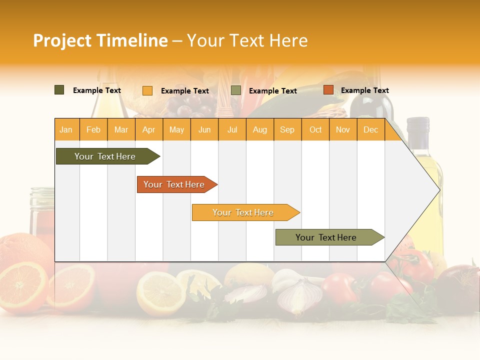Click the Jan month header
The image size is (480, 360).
66,129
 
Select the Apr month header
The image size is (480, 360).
149,129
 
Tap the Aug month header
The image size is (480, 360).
260,129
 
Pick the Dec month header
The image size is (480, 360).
370,129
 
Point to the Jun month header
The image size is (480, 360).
204,129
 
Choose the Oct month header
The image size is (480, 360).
315,129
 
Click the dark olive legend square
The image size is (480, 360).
59,90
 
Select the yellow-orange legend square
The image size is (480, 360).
147,90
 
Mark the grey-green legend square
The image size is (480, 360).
236,90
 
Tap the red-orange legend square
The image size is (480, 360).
328,90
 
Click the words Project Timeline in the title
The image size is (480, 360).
100,40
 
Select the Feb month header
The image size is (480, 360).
93,129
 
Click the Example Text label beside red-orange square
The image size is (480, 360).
364,90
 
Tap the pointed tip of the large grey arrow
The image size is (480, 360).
439,189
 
